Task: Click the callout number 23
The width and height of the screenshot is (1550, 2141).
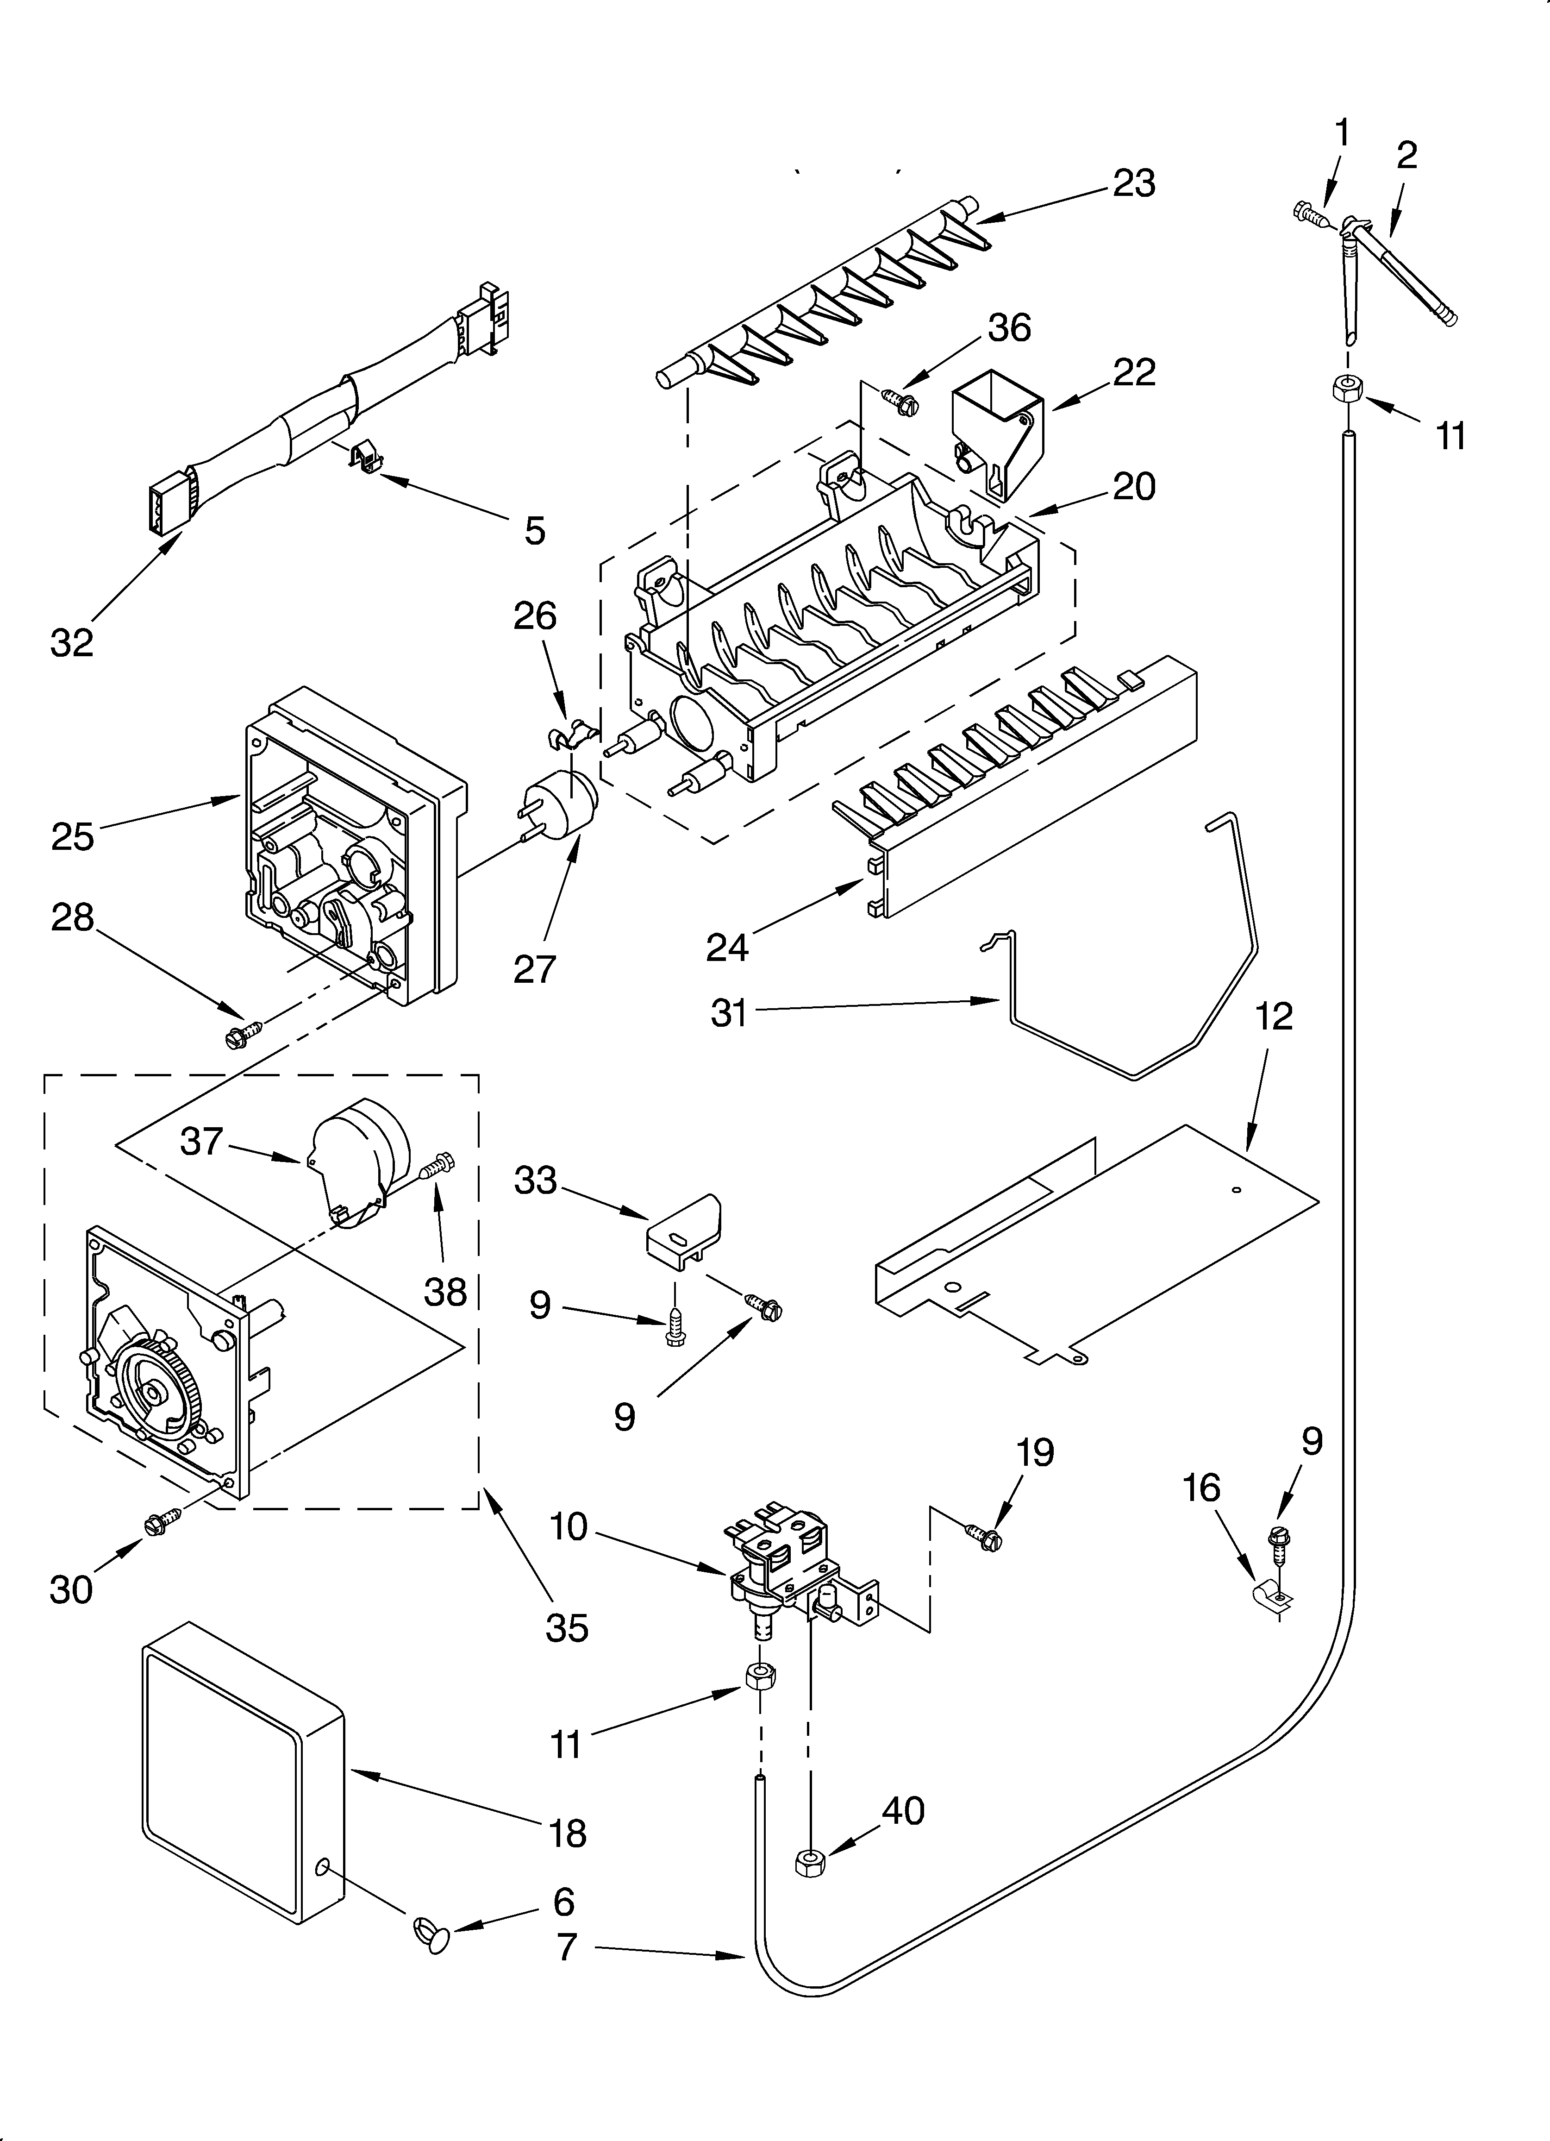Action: pyautogui.click(x=1134, y=183)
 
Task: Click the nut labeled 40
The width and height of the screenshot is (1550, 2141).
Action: pyautogui.click(x=810, y=1861)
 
